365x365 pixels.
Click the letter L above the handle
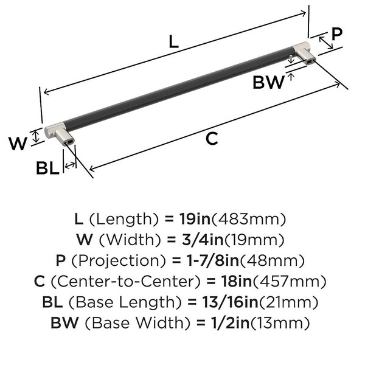(173, 41)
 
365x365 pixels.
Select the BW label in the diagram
(269, 82)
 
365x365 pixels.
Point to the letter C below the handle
(212, 139)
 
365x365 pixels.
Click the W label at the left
(18, 144)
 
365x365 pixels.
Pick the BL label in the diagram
(47, 168)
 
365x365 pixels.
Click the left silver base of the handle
(60, 134)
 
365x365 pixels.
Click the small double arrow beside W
(36, 137)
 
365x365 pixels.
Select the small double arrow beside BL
(70, 165)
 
